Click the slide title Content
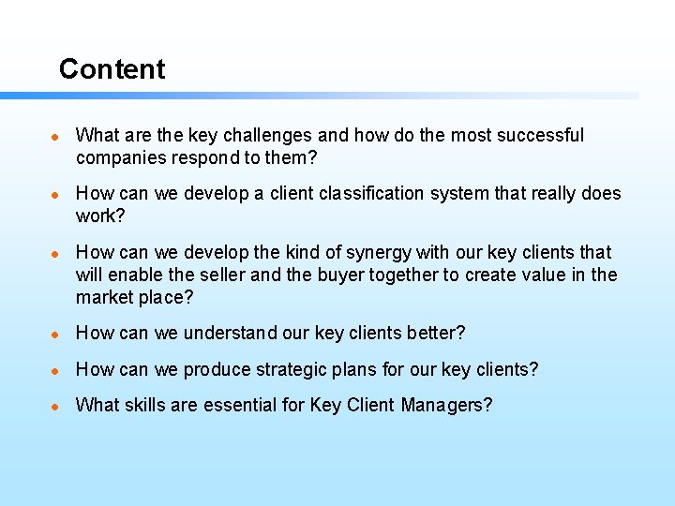tap(112, 69)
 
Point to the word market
tap(105, 298)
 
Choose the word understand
tap(231, 334)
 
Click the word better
tap(434, 334)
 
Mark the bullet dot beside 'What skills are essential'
tap(56, 406)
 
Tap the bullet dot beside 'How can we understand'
tap(56, 334)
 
